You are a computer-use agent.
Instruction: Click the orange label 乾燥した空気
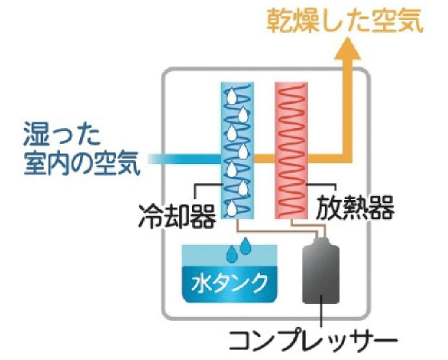click(345, 21)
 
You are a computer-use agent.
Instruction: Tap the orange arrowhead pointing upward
click(347, 49)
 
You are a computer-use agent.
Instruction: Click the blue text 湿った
click(62, 134)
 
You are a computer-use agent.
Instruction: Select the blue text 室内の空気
click(82, 163)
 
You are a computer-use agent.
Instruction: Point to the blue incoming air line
click(185, 159)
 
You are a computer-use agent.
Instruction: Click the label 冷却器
click(177, 216)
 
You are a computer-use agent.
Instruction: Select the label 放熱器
click(355, 208)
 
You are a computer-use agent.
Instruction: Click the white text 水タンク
click(230, 283)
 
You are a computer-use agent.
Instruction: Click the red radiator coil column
click(291, 150)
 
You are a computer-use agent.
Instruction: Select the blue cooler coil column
click(238, 150)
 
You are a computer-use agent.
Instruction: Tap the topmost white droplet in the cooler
click(231, 97)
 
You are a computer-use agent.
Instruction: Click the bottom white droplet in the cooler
click(232, 209)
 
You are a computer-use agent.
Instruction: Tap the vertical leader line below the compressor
click(321, 311)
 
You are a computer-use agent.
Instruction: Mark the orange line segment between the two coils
click(264, 159)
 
